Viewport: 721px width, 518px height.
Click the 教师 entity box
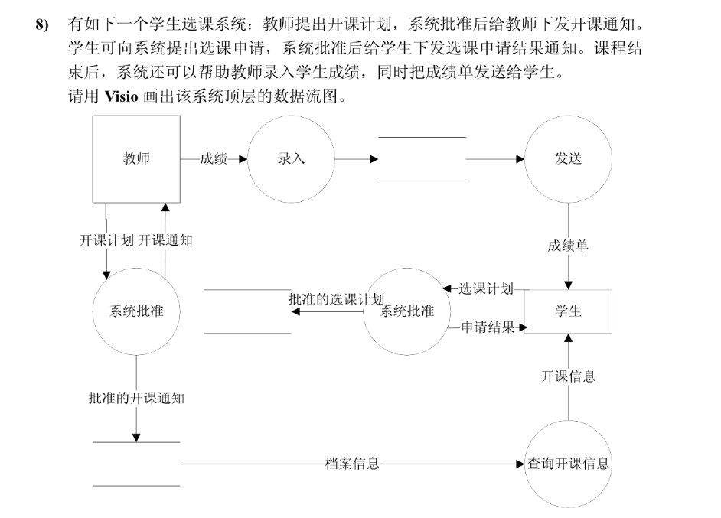pyautogui.click(x=136, y=159)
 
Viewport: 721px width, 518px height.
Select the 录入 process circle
pyautogui.click(x=291, y=159)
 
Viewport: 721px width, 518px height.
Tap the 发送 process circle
pyautogui.click(x=568, y=159)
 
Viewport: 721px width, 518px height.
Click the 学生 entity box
pyautogui.click(x=568, y=311)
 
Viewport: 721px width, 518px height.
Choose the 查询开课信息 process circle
pyautogui.click(x=568, y=464)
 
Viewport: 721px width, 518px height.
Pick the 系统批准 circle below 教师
pyautogui.click(x=137, y=311)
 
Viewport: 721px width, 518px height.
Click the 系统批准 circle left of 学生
pyautogui.click(x=406, y=311)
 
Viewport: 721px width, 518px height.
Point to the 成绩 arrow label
pyautogui.click(x=214, y=159)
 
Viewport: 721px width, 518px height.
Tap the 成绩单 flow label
pyautogui.click(x=568, y=246)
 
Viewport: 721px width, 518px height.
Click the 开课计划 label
pyautogui.click(x=106, y=240)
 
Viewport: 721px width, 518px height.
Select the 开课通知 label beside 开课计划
pyautogui.click(x=165, y=240)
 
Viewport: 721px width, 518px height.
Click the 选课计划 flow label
pyautogui.click(x=484, y=288)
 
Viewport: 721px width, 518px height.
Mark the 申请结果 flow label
pyautogui.click(x=488, y=327)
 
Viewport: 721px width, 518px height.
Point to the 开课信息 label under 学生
pyautogui.click(x=568, y=376)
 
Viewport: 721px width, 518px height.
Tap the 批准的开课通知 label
pyautogui.click(x=136, y=398)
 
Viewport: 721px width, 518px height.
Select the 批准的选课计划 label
pyautogui.click(x=336, y=298)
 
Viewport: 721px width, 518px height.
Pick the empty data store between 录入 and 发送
pyautogui.click(x=422, y=159)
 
